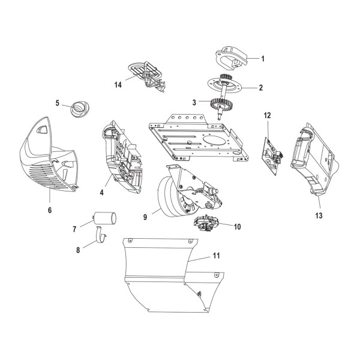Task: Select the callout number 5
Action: [58, 103]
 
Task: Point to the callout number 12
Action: [268, 115]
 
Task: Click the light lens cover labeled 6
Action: [51, 159]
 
